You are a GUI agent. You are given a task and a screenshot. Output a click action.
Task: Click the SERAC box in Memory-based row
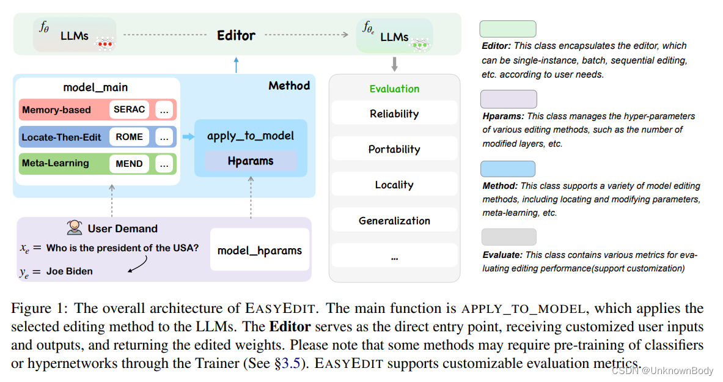pyautogui.click(x=130, y=110)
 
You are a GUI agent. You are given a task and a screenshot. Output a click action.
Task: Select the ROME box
pyautogui.click(x=129, y=137)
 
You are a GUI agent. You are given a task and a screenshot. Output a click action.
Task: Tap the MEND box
pyautogui.click(x=129, y=164)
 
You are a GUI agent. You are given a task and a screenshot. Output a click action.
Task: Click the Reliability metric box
pyautogui.click(x=394, y=114)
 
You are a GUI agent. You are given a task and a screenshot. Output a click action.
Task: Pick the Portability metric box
pyautogui.click(x=394, y=149)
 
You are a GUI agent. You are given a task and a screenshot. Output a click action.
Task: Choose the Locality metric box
pyautogui.click(x=394, y=185)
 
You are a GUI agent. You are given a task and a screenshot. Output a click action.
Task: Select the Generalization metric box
pyautogui.click(x=394, y=221)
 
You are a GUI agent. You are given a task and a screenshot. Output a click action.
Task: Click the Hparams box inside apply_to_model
pyautogui.click(x=251, y=161)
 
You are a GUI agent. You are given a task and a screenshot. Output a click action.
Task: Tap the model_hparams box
pyautogui.click(x=260, y=250)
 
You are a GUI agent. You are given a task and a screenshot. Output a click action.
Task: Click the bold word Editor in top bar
pyautogui.click(x=236, y=35)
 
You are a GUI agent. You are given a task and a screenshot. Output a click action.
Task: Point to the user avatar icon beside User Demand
pyautogui.click(x=75, y=228)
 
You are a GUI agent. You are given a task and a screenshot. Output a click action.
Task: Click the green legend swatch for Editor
pyautogui.click(x=508, y=29)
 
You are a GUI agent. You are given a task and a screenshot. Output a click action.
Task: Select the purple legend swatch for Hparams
pyautogui.click(x=508, y=99)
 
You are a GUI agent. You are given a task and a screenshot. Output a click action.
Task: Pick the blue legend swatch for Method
pyautogui.click(x=508, y=169)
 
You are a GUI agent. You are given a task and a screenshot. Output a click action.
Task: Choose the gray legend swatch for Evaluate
pyautogui.click(x=508, y=237)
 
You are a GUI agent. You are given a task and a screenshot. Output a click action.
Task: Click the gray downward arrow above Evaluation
pyautogui.click(x=395, y=63)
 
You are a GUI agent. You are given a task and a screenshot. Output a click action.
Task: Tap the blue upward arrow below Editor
pyautogui.click(x=237, y=64)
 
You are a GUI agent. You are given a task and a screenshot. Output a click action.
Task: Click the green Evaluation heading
pyautogui.click(x=394, y=89)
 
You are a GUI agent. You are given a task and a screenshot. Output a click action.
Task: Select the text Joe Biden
pyautogui.click(x=70, y=271)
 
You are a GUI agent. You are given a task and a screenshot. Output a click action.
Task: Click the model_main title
pyautogui.click(x=95, y=87)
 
